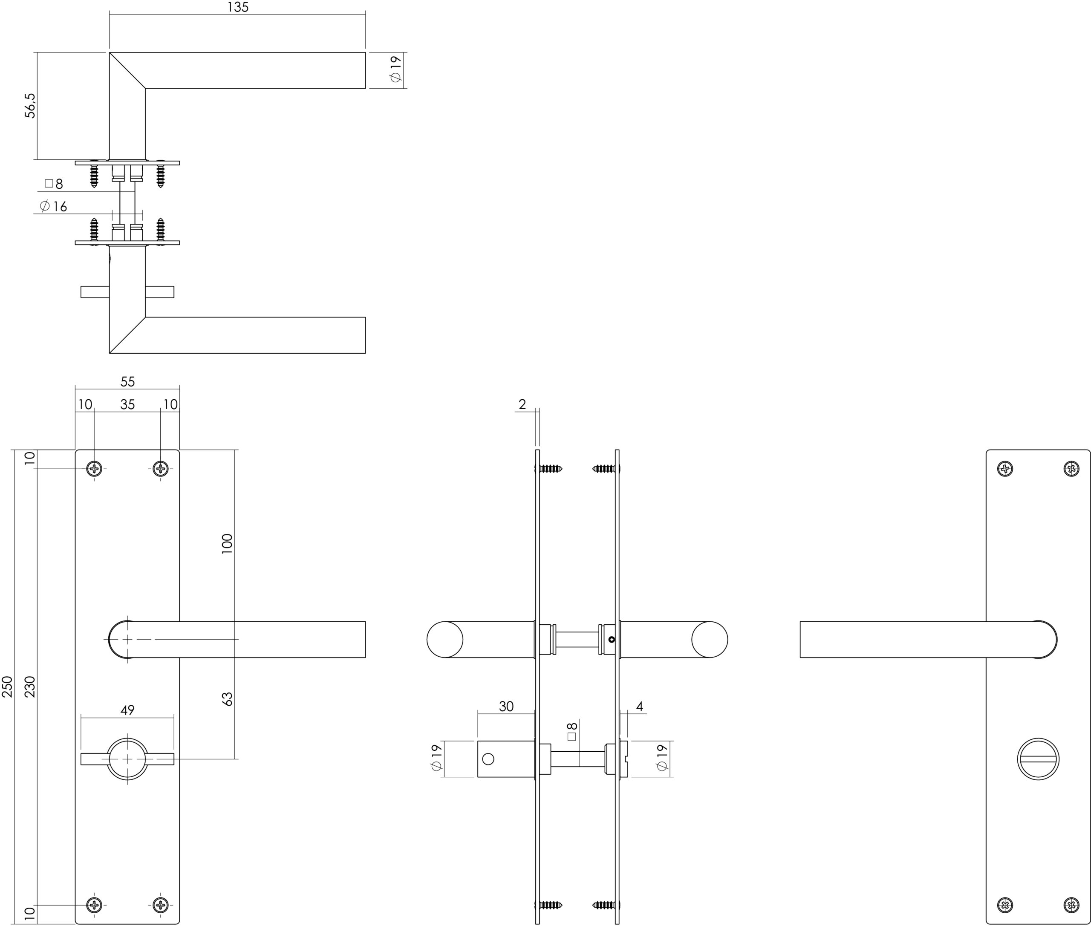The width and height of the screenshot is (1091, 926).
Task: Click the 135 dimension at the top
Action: pyautogui.click(x=238, y=7)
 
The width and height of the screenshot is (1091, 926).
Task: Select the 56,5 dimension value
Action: pyautogui.click(x=30, y=106)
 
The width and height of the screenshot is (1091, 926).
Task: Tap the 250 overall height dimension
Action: pyautogui.click(x=7, y=686)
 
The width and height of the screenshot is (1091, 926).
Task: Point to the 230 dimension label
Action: pyautogui.click(x=30, y=686)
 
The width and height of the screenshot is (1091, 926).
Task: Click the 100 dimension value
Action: pyautogui.click(x=227, y=544)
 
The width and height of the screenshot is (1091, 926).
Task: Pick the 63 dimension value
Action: pyautogui.click(x=227, y=699)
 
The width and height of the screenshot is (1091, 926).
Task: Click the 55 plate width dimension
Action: pyautogui.click(x=127, y=382)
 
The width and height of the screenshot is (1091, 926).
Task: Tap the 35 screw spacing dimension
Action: pyautogui.click(x=127, y=405)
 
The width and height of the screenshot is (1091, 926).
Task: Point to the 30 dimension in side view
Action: pyautogui.click(x=506, y=706)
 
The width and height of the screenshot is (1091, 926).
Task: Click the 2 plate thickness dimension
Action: pyautogui.click(x=522, y=404)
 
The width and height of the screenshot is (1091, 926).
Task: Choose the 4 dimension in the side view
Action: pyautogui.click(x=640, y=706)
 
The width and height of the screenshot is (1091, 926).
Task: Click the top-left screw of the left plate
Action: pyautogui.click(x=95, y=468)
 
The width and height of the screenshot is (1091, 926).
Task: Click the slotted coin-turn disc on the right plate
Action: pyautogui.click(x=1038, y=759)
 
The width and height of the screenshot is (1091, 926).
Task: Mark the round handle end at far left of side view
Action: pyautogui.click(x=444, y=639)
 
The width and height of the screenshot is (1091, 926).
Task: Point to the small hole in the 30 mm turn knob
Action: pyautogui.click(x=488, y=759)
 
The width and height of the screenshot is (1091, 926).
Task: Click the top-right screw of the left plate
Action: pyautogui.click(x=161, y=468)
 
